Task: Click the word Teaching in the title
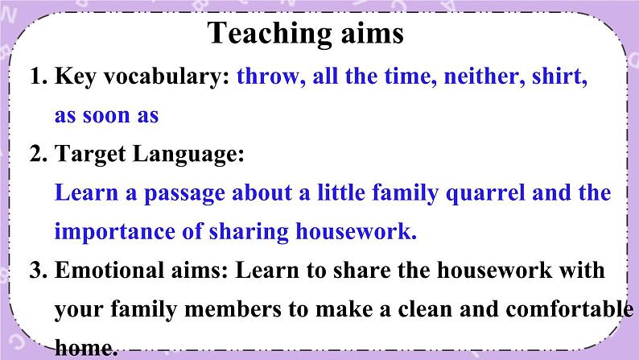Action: [270, 35]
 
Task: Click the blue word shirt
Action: [559, 77]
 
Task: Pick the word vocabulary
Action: [167, 77]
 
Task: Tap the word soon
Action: [105, 116]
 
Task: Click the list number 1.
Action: [38, 77]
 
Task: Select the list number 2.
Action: [39, 154]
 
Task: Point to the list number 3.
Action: [39, 271]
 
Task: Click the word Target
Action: [90, 155]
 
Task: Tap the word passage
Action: [184, 193]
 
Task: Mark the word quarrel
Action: [485, 193]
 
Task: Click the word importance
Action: [114, 232]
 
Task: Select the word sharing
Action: [249, 233]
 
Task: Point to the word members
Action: [233, 309]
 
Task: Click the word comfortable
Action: [569, 309]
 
